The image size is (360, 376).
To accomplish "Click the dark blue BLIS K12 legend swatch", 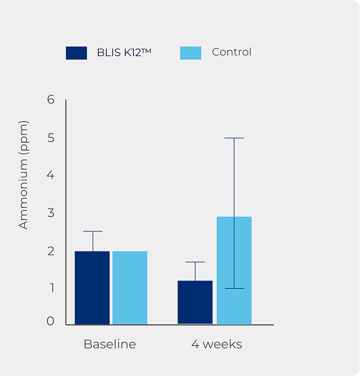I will (x=76, y=53).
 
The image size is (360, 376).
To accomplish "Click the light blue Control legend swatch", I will (x=190, y=53).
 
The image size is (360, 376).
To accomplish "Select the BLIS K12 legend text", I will (x=124, y=53).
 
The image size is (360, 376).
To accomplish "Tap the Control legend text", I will (x=231, y=52).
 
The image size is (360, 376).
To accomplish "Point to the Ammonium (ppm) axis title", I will (x=23, y=175).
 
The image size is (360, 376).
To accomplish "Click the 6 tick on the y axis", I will (x=51, y=100).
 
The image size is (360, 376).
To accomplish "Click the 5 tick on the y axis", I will (x=51, y=137).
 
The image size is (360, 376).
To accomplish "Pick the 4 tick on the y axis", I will (x=51, y=175).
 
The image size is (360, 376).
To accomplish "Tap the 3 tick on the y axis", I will (x=51, y=213).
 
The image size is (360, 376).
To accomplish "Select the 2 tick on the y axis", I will (x=51, y=251).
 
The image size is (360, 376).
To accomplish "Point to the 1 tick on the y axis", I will (x=51, y=288).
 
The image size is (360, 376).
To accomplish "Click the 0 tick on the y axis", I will (x=51, y=322).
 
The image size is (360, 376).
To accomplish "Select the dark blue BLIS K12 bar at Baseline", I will (x=92, y=288).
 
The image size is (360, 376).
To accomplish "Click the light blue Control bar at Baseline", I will (x=130, y=288).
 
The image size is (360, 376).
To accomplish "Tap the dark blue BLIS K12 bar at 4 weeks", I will (x=195, y=302).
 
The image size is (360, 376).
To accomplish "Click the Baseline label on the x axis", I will (x=110, y=344).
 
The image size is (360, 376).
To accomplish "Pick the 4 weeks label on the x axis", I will (x=217, y=344).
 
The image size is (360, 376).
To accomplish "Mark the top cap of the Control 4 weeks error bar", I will (x=234, y=138).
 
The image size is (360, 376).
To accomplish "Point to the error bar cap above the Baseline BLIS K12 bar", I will (x=93, y=231).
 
